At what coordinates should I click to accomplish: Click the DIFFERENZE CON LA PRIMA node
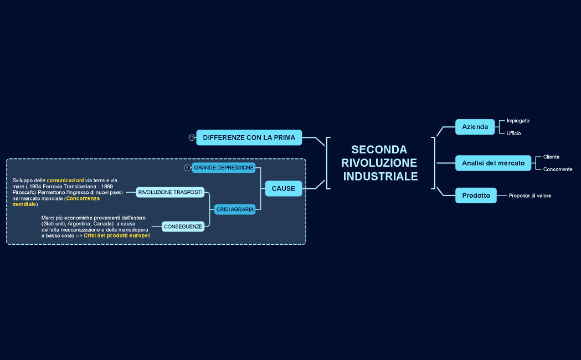click(x=249, y=137)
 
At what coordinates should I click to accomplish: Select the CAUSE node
click(x=284, y=189)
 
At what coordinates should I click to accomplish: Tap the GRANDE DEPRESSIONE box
click(x=224, y=168)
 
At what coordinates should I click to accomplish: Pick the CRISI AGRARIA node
click(x=235, y=209)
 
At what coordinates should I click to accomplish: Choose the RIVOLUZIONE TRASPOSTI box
click(x=171, y=192)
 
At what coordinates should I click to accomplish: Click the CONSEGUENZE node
click(x=183, y=227)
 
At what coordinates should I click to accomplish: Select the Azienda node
click(x=475, y=127)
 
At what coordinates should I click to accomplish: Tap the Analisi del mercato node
click(x=493, y=163)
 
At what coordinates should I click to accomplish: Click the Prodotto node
click(x=476, y=196)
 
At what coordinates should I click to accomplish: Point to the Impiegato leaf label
click(x=518, y=121)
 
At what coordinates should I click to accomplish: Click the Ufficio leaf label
click(x=513, y=133)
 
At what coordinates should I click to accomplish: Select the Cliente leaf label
click(x=551, y=157)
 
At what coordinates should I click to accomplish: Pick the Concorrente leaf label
click(x=558, y=169)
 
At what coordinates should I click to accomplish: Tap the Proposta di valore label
click(x=530, y=196)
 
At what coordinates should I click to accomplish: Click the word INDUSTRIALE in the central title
click(x=381, y=177)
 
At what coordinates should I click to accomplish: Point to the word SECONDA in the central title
click(x=379, y=150)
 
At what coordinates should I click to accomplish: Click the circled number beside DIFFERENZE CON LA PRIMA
click(x=192, y=137)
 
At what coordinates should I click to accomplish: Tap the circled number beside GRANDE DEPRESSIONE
click(x=187, y=168)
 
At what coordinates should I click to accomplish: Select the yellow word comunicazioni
click(x=65, y=180)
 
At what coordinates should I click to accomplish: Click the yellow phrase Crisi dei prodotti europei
click(x=117, y=235)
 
